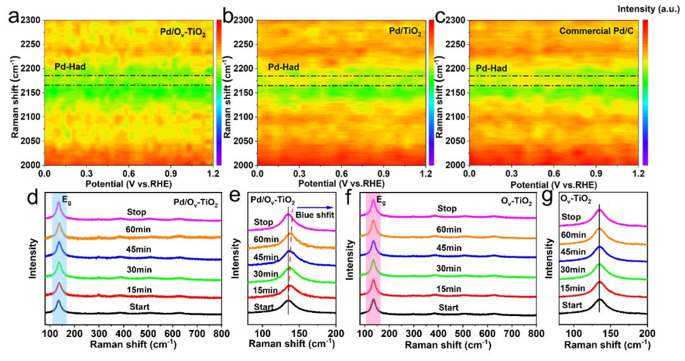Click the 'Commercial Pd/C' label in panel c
click(594, 30)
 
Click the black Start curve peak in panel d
click(59, 302)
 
